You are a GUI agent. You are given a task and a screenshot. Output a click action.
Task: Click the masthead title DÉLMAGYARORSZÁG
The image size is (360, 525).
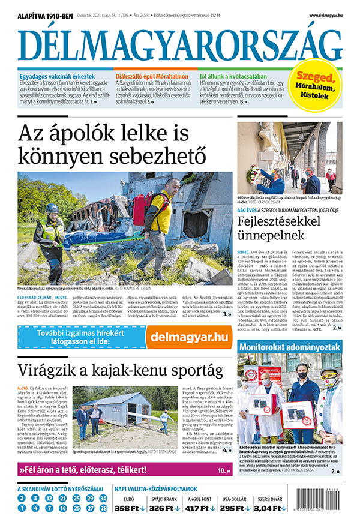click(180, 43)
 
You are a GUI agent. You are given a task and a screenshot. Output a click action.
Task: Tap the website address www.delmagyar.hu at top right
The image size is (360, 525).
click(326, 15)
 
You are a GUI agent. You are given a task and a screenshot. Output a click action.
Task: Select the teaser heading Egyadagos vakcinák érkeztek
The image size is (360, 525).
click(57, 77)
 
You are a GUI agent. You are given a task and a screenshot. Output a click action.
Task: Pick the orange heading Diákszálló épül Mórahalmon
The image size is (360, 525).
click(152, 77)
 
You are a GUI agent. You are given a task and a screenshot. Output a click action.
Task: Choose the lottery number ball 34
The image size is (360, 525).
click(103, 498)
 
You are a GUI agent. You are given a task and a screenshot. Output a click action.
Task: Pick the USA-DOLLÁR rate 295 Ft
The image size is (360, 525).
click(233, 509)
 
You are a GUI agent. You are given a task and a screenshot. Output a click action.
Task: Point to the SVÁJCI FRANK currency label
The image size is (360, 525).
click(164, 498)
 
